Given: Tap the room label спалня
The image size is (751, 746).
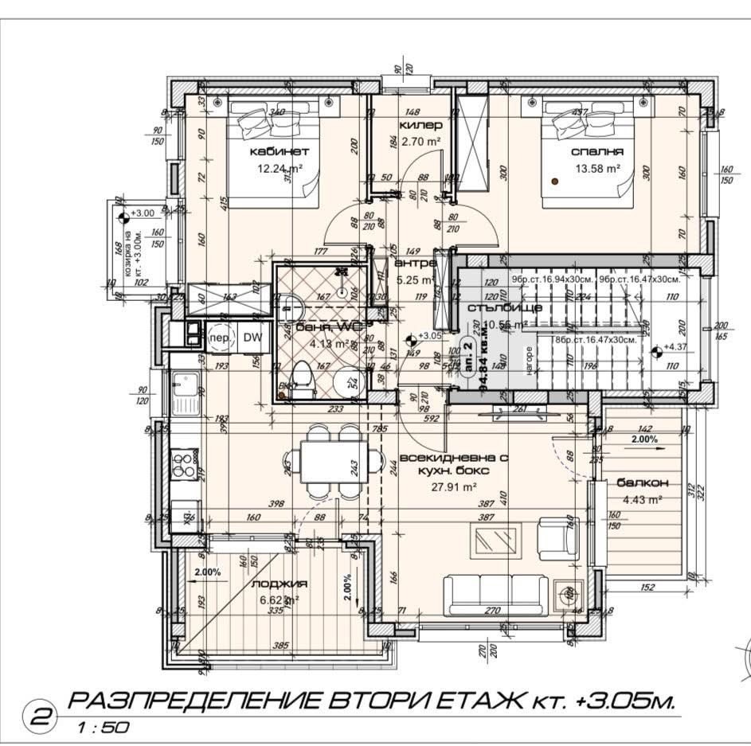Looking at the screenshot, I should (596, 151).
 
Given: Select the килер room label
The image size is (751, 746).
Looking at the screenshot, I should (420, 126).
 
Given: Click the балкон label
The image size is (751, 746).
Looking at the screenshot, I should (636, 483).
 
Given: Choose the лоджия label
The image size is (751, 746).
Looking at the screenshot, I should (273, 584).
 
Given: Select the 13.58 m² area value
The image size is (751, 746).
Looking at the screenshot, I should (597, 168).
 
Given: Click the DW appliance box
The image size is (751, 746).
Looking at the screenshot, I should (252, 338).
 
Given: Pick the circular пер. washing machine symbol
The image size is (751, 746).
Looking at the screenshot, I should (220, 338).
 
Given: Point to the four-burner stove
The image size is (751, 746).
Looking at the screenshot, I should (183, 464).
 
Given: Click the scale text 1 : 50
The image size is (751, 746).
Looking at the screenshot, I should (100, 727).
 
